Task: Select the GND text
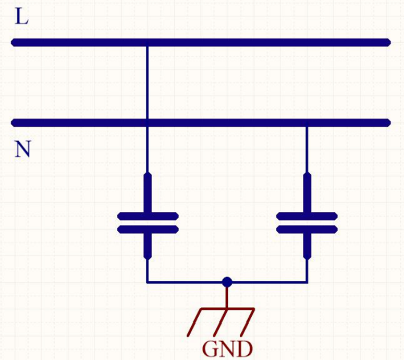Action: coord(227,349)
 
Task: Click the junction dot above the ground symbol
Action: coord(226,282)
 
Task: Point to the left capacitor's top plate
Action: coord(148,216)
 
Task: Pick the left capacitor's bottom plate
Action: coord(148,229)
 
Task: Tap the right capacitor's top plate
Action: coord(307,216)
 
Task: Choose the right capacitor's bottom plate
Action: coord(307,229)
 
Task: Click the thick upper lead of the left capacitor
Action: coord(148,193)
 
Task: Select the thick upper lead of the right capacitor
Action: coord(307,193)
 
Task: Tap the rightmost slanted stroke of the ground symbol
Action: coord(247,321)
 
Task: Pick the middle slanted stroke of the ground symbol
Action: coord(221,321)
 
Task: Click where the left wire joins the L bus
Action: coord(148,43)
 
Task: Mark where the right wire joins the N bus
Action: coord(307,124)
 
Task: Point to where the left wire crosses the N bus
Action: coord(148,124)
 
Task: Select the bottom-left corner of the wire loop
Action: coord(148,282)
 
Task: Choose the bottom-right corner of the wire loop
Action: coord(307,282)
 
